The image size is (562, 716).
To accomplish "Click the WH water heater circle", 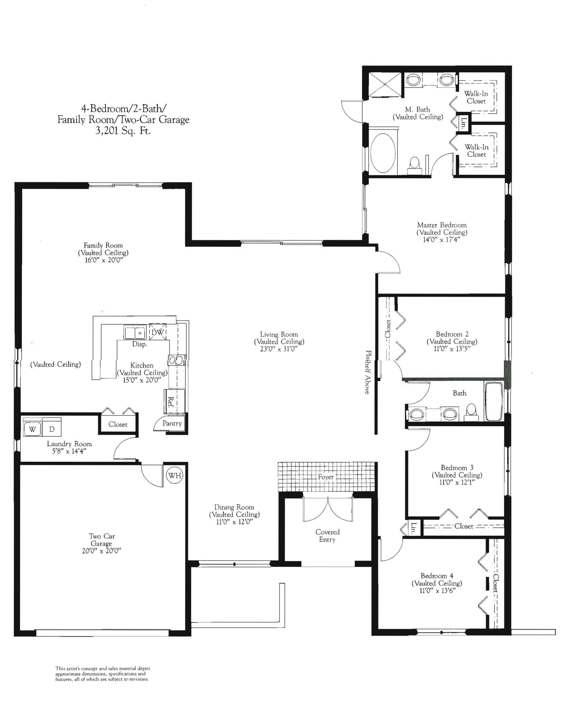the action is (x=175, y=476).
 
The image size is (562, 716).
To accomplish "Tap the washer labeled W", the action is (x=33, y=429).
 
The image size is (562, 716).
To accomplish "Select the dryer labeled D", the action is (x=52, y=429).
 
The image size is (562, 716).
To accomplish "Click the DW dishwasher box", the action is (x=157, y=332).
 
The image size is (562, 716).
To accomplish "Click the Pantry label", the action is (x=172, y=423).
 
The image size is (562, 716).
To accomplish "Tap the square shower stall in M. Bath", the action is (x=385, y=85).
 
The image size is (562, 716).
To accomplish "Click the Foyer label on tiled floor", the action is (x=326, y=477).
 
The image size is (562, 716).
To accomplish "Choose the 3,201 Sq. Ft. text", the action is (x=123, y=131).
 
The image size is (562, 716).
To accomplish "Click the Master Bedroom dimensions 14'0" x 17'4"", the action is (x=441, y=240).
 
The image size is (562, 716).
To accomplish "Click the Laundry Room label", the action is (x=69, y=444).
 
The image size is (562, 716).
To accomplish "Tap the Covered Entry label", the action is (x=327, y=536).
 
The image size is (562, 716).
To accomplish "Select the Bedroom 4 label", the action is (x=437, y=576).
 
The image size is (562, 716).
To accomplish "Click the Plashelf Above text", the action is (x=367, y=372).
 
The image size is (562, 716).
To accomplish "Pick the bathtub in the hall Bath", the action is (x=494, y=401).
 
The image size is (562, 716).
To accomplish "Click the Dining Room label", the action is (x=234, y=507).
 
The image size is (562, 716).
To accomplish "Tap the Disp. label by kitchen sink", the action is (x=140, y=344).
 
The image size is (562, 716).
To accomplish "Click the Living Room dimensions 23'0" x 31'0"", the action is (x=279, y=349).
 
